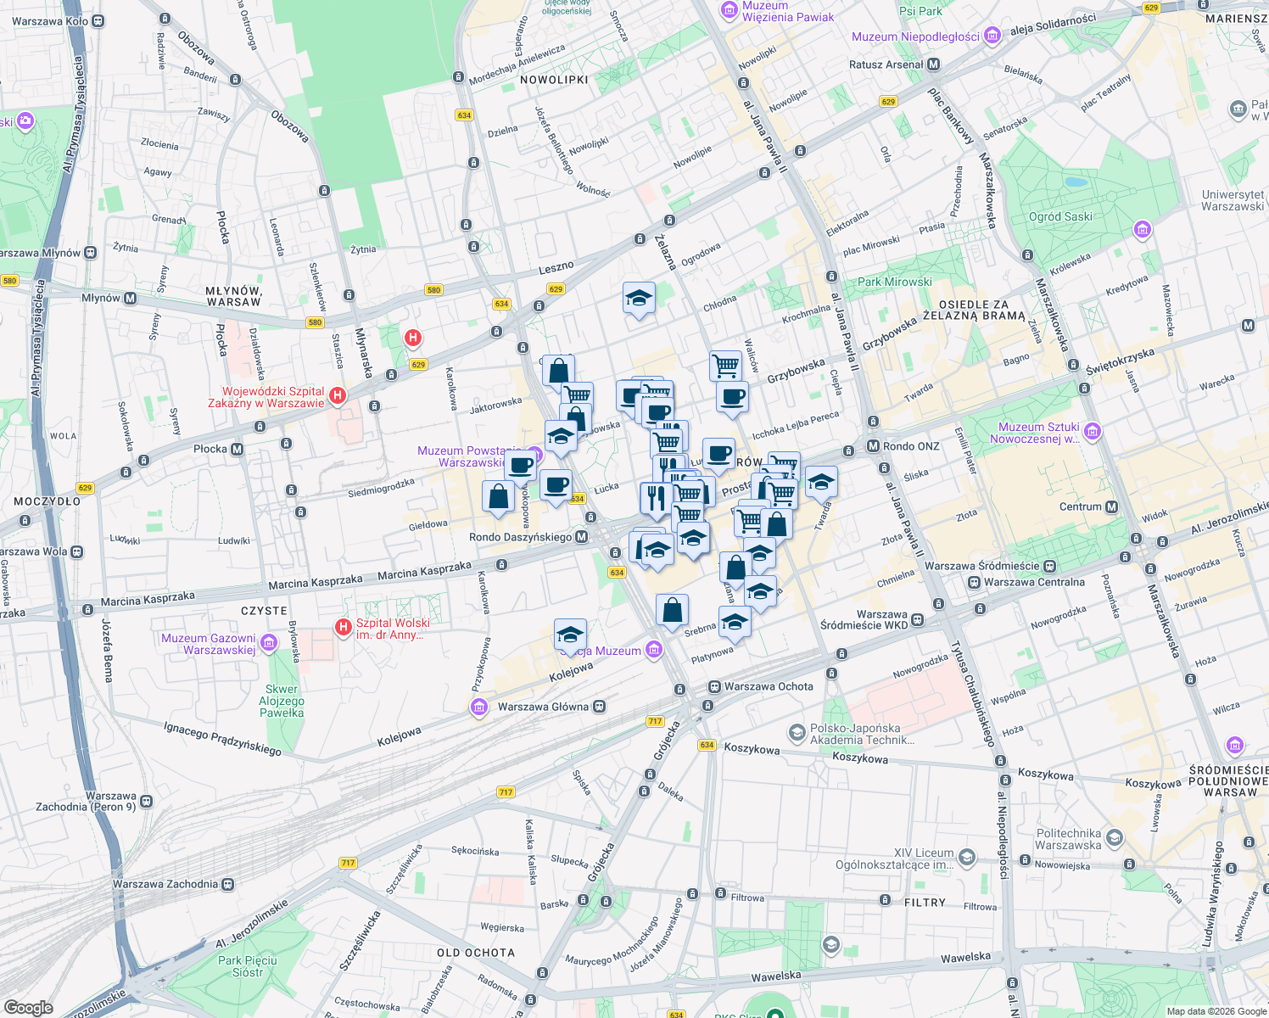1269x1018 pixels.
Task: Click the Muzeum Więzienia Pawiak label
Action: pos(787,11)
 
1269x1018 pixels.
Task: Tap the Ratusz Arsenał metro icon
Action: pos(934,64)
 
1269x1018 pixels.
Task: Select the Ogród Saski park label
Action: pos(1060,216)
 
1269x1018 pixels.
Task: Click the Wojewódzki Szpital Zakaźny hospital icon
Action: pos(338,395)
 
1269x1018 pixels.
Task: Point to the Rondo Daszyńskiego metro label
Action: pos(521,537)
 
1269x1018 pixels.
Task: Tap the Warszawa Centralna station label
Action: pos(1034,582)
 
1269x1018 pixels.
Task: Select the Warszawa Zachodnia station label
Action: pos(165,884)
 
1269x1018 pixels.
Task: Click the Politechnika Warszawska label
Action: pos(1068,839)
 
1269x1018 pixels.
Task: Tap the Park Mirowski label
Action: pos(894,282)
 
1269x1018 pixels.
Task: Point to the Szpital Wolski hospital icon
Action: pos(344,628)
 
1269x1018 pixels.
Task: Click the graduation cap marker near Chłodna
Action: pos(639,299)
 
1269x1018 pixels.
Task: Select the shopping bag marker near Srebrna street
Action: pos(672,610)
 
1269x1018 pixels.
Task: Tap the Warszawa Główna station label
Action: pos(543,707)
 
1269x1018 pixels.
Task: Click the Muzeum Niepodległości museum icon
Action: pos(993,36)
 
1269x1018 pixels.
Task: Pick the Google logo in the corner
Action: pos(28,1008)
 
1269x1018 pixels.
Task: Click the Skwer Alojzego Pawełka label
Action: pos(282,701)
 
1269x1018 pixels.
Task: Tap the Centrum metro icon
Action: pos(1111,506)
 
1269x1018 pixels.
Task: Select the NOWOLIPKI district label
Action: pos(554,80)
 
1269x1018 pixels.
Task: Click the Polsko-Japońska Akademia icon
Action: pos(797,731)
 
